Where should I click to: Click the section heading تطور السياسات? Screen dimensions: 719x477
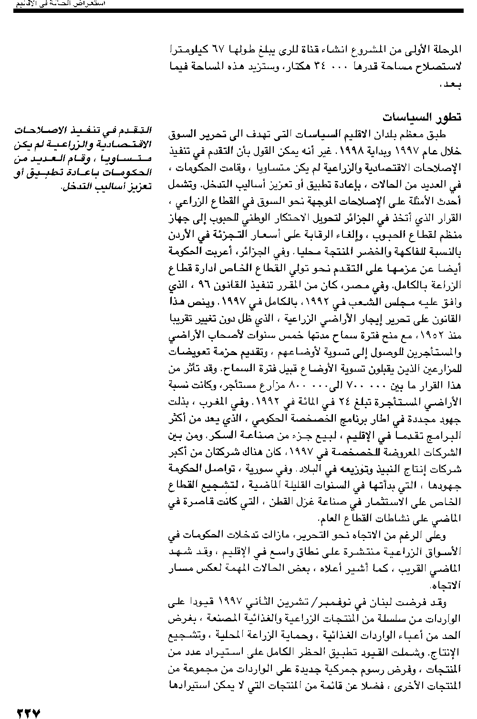click(422, 118)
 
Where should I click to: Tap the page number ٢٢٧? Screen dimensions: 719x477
click(29, 713)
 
